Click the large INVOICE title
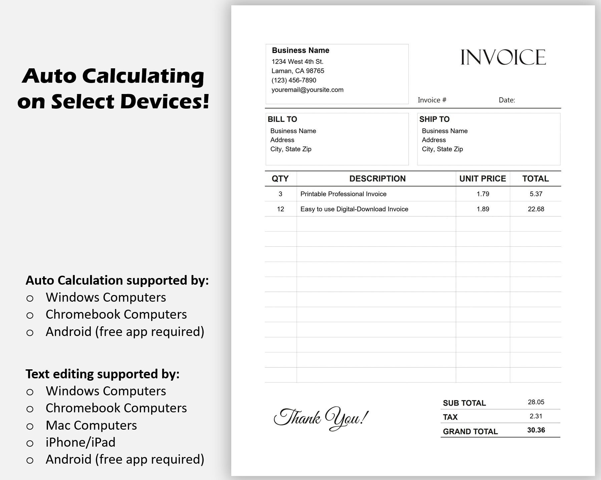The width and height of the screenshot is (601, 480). [x=503, y=57]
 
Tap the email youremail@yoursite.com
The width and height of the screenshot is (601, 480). [x=307, y=90]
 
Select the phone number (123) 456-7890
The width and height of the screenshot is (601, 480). [x=294, y=80]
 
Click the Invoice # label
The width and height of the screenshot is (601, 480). [x=432, y=100]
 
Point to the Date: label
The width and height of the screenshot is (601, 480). [x=507, y=100]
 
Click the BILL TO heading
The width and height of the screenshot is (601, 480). [x=282, y=119]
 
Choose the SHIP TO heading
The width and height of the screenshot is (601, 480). [x=434, y=119]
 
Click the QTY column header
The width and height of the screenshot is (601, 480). [x=280, y=179]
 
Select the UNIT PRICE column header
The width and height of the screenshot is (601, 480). [x=483, y=179]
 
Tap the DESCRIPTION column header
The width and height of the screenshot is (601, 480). [x=377, y=179]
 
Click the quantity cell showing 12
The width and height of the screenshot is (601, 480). [x=280, y=209]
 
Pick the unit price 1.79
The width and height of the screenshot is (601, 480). [x=483, y=194]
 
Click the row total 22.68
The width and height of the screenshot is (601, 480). [x=536, y=209]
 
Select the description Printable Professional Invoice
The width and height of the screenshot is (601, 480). [x=343, y=194]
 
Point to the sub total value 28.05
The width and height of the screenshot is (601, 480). [x=536, y=402]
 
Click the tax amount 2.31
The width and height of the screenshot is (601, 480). [x=536, y=416]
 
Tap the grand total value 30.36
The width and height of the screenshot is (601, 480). [x=536, y=430]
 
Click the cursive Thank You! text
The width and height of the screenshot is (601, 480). [x=321, y=418]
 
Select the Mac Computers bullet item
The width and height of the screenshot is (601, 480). [x=91, y=425]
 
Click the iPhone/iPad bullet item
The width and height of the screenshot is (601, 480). [x=80, y=442]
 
